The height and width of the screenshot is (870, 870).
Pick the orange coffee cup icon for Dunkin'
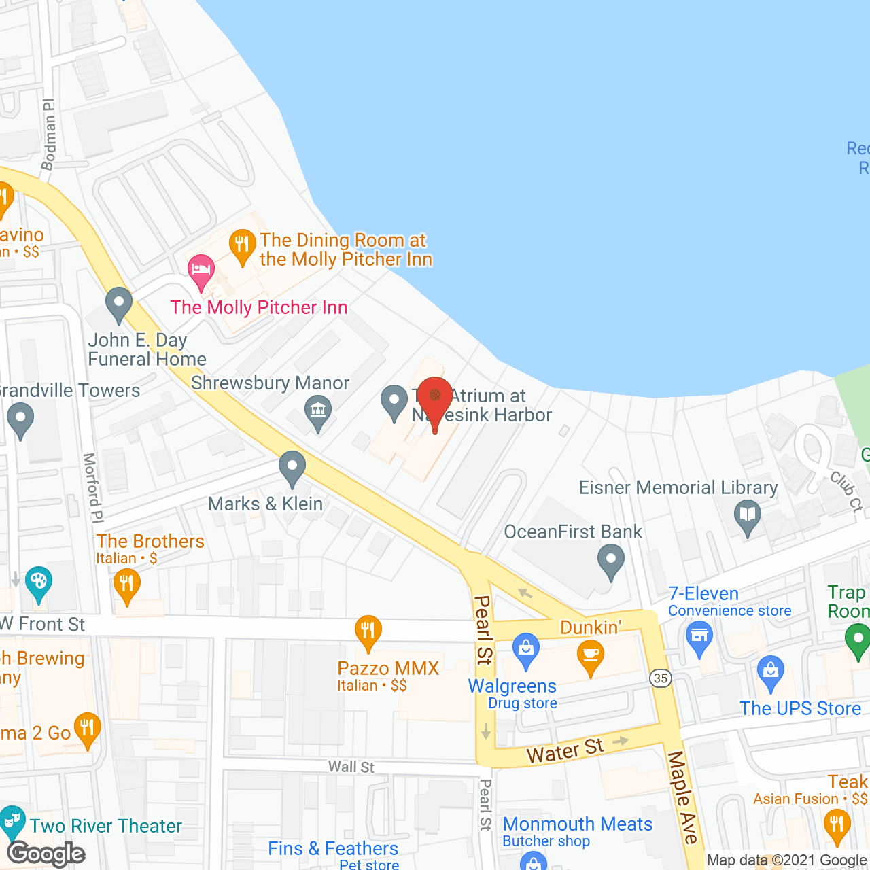point(590,656)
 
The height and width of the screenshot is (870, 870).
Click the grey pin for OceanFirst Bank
point(610,562)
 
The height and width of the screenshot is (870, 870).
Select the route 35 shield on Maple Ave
point(660,678)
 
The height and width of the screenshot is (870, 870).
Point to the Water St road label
point(565,750)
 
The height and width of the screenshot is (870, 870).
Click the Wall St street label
point(351,767)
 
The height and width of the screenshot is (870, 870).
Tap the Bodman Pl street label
point(48,135)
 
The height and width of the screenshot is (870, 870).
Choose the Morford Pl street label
point(92,487)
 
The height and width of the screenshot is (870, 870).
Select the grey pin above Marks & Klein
point(292,468)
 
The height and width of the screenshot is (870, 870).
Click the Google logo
point(46,854)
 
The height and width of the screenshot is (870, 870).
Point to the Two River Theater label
point(106,826)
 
